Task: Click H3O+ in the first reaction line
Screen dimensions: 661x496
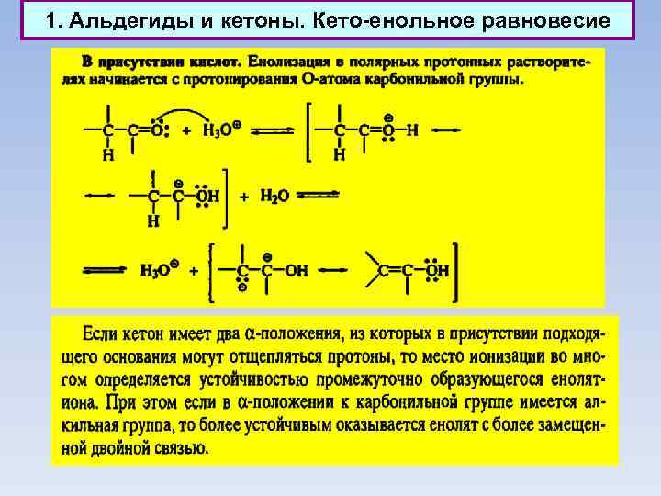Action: [x=222, y=130]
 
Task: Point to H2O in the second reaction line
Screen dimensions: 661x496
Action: [x=274, y=196]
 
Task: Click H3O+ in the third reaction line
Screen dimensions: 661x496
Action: [x=158, y=270]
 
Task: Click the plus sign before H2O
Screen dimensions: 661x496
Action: [x=244, y=197]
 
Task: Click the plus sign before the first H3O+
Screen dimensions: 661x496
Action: [x=186, y=131]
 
